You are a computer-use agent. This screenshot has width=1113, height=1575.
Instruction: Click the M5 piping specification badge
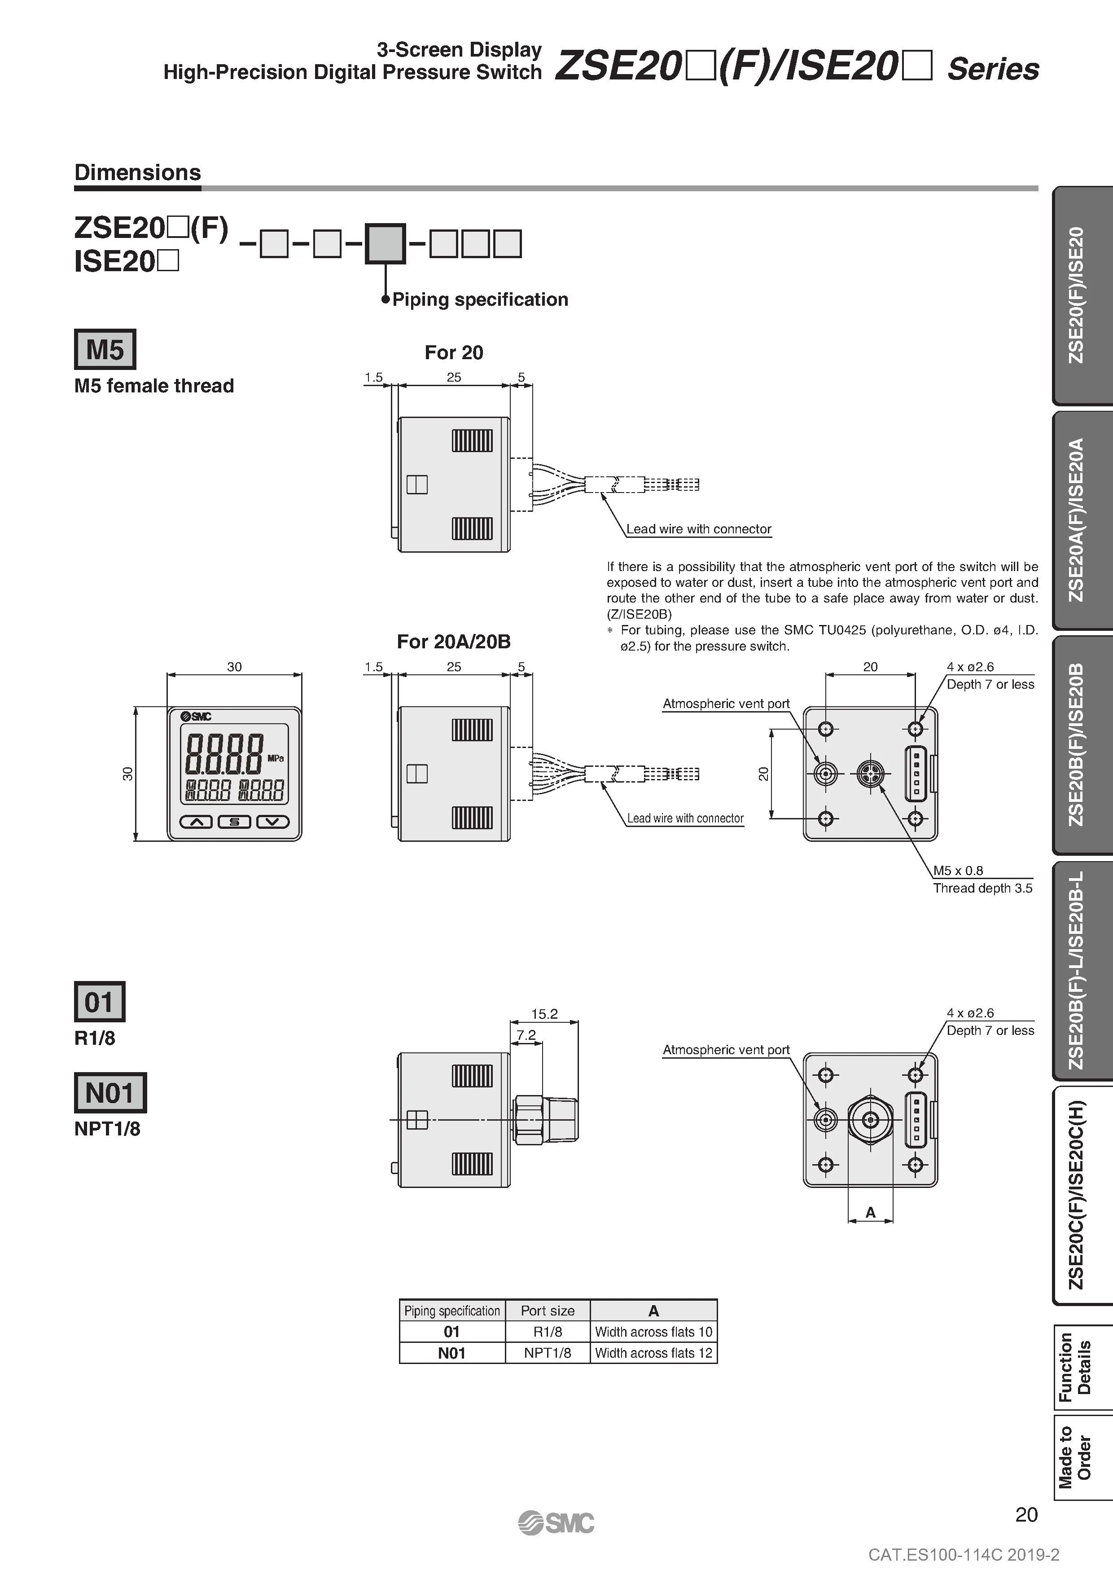click(105, 349)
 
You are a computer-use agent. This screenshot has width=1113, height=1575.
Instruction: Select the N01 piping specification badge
click(110, 1093)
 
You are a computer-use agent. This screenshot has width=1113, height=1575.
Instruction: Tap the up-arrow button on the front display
click(196, 822)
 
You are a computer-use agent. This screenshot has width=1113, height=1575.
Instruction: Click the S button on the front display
click(235, 822)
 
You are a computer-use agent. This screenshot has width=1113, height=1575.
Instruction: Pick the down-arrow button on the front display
click(273, 822)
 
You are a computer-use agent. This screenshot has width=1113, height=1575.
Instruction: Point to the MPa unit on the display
click(276, 758)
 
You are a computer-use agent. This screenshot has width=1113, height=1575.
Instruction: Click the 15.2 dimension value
click(544, 1014)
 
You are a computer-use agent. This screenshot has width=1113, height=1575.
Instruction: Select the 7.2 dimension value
click(526, 1034)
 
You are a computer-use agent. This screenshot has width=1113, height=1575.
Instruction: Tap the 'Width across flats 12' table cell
click(653, 1353)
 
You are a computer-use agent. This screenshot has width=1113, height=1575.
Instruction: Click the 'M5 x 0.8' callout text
click(958, 871)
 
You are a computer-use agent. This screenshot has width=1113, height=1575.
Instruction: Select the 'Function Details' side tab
click(1074, 1367)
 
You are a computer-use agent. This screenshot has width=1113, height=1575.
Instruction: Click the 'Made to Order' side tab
click(1074, 1457)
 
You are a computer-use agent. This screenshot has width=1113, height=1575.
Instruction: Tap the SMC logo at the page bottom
click(556, 1522)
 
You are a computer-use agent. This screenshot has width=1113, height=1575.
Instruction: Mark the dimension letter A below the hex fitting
click(870, 1212)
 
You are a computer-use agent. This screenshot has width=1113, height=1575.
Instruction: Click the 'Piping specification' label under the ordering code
click(480, 300)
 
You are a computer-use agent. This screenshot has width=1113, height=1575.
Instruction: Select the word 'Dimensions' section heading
click(137, 172)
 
